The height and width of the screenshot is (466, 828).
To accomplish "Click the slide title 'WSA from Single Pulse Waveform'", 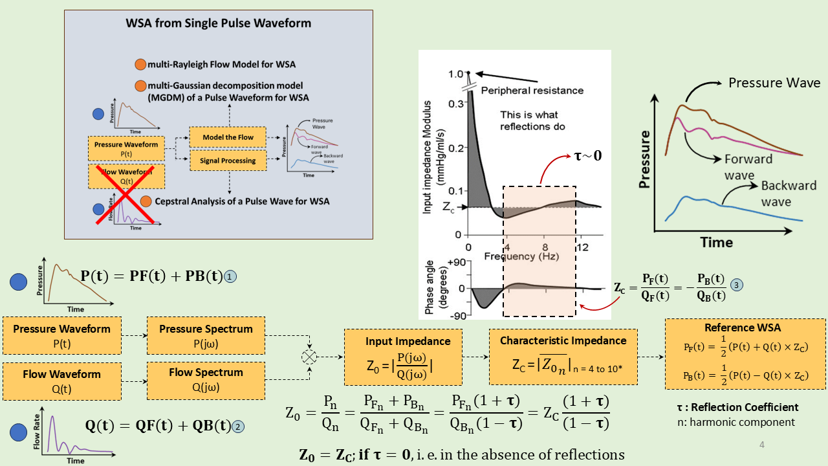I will click(x=218, y=24).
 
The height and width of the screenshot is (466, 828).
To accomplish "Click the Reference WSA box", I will click(x=746, y=353).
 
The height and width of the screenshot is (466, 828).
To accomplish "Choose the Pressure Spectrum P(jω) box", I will click(x=206, y=335).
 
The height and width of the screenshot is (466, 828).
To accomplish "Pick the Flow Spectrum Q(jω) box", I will click(x=206, y=380).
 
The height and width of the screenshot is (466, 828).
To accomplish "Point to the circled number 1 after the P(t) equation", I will click(x=230, y=276).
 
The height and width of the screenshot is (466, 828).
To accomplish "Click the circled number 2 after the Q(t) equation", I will click(x=238, y=427).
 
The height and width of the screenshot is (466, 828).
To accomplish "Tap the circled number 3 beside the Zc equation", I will click(x=735, y=285).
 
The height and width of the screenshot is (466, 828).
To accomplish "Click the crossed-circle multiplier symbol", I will click(x=310, y=357).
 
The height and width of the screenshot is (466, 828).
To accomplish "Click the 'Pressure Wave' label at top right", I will click(x=774, y=83).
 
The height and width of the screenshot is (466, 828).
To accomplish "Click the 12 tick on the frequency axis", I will click(x=583, y=247).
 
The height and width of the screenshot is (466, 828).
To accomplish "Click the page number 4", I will click(x=761, y=445).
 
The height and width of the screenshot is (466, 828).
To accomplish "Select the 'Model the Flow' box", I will click(x=228, y=137).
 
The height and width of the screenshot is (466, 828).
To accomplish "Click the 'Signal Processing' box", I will click(x=228, y=161).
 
